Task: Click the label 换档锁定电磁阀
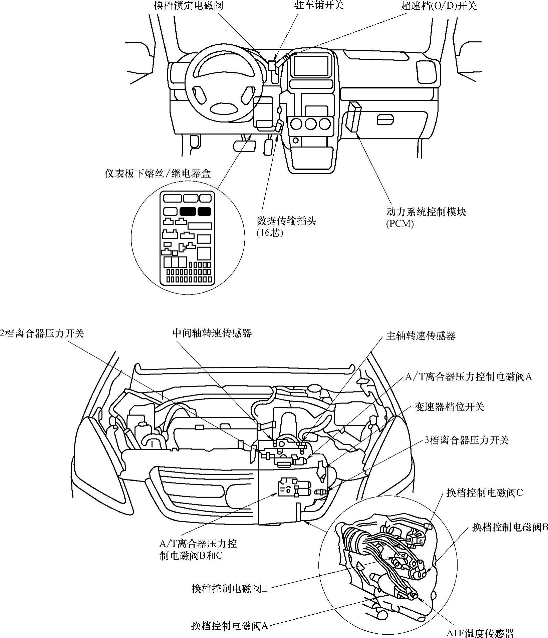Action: (188, 6)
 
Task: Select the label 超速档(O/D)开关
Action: (439, 6)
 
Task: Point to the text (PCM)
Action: (400, 224)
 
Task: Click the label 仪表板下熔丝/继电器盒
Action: (158, 174)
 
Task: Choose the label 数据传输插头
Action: (286, 221)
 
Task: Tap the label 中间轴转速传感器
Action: (212, 333)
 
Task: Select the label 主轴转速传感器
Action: (421, 336)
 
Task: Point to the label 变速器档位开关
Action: (449, 407)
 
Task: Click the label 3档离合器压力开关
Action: (466, 440)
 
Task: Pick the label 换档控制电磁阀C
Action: (485, 493)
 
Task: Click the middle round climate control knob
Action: (310, 124)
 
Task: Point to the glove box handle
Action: (385, 119)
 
